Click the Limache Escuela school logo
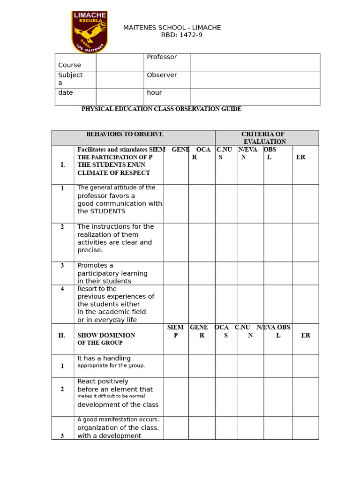click(x=90, y=31)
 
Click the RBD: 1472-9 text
click(x=181, y=35)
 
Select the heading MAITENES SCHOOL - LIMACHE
click(x=172, y=28)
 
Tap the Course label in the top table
click(x=69, y=65)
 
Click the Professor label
click(x=162, y=57)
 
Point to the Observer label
click(x=162, y=75)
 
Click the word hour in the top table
click(x=154, y=93)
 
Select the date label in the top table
click(x=66, y=93)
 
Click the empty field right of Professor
click(x=255, y=62)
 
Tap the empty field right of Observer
click(x=255, y=80)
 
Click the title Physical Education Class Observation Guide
click(x=161, y=109)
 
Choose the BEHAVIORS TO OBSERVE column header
click(x=125, y=135)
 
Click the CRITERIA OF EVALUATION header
click(x=264, y=138)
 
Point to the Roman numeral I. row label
click(x=63, y=165)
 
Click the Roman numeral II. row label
click(x=62, y=336)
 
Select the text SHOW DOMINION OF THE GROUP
click(x=106, y=339)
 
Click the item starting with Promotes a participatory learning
click(x=112, y=273)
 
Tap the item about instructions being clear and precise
click(x=115, y=238)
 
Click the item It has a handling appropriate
click(x=111, y=362)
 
